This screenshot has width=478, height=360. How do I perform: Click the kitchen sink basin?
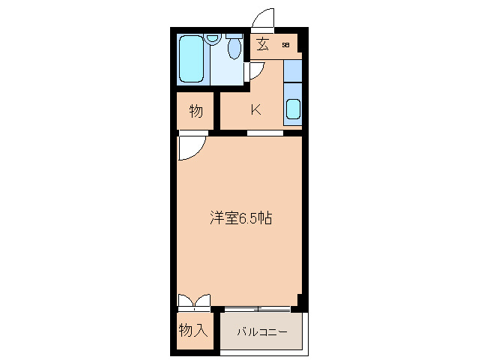point(292,109)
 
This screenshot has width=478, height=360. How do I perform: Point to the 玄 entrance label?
point(262,44)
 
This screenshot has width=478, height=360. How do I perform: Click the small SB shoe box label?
point(285,45)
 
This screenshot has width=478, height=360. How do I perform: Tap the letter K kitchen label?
point(255,109)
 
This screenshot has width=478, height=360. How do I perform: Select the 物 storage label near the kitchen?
point(196,111)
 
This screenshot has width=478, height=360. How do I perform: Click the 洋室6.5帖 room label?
point(240,218)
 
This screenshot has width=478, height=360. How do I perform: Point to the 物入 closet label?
point(193,329)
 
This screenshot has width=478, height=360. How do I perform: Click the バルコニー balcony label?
point(262,331)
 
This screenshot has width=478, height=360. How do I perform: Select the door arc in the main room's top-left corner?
point(189,146)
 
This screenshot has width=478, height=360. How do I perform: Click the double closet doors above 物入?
point(194,301)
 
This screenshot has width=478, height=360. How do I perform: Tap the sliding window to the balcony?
point(257,307)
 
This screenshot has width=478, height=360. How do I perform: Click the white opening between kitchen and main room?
point(265,133)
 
